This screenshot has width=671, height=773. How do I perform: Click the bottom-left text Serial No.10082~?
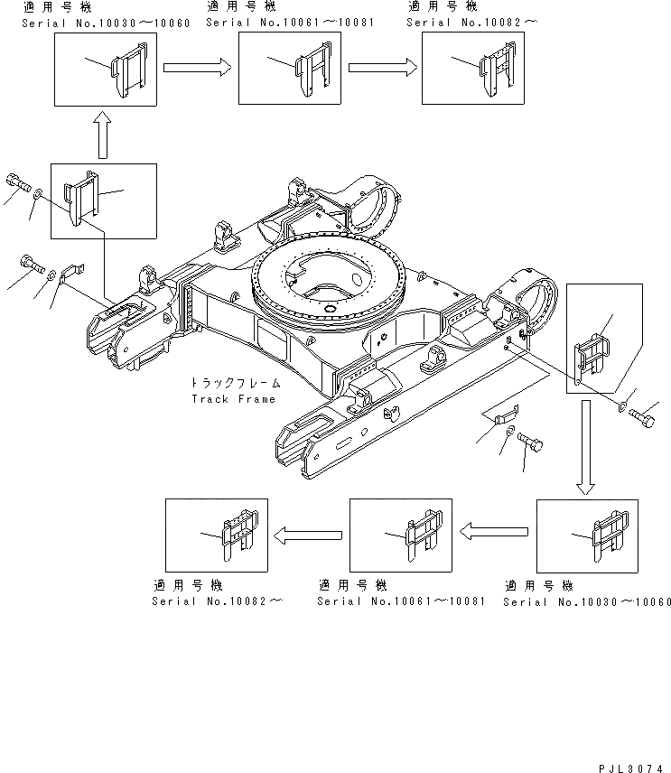216,601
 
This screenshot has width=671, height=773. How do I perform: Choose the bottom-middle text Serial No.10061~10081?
401,601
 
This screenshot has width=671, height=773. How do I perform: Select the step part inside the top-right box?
496,69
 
